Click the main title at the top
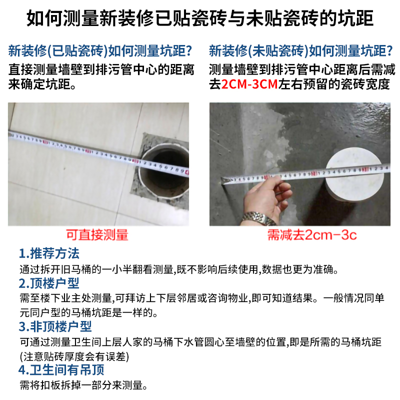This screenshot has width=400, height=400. tap(200, 18)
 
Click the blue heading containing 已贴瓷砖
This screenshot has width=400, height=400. tap(100, 50)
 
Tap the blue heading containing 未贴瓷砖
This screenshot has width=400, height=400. tap(301, 50)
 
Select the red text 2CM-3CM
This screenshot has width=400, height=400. tap(249, 84)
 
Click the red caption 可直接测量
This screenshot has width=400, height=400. tap(97, 234)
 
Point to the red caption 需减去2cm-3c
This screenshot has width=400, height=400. tap(311, 234)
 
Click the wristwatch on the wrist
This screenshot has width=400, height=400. tap(258, 218)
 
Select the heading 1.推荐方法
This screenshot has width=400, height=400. tap(49, 253)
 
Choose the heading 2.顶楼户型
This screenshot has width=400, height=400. tap(49, 283)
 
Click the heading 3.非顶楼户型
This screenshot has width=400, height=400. tap(55, 326)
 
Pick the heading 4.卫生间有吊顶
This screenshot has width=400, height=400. tap(61, 369)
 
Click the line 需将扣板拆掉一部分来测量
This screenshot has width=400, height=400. tap(83, 385)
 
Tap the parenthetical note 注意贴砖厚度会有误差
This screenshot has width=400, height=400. tap(74, 356)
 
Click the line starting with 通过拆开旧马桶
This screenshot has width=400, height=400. tap(179, 269)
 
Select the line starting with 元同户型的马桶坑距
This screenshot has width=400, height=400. tap(89, 312)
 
